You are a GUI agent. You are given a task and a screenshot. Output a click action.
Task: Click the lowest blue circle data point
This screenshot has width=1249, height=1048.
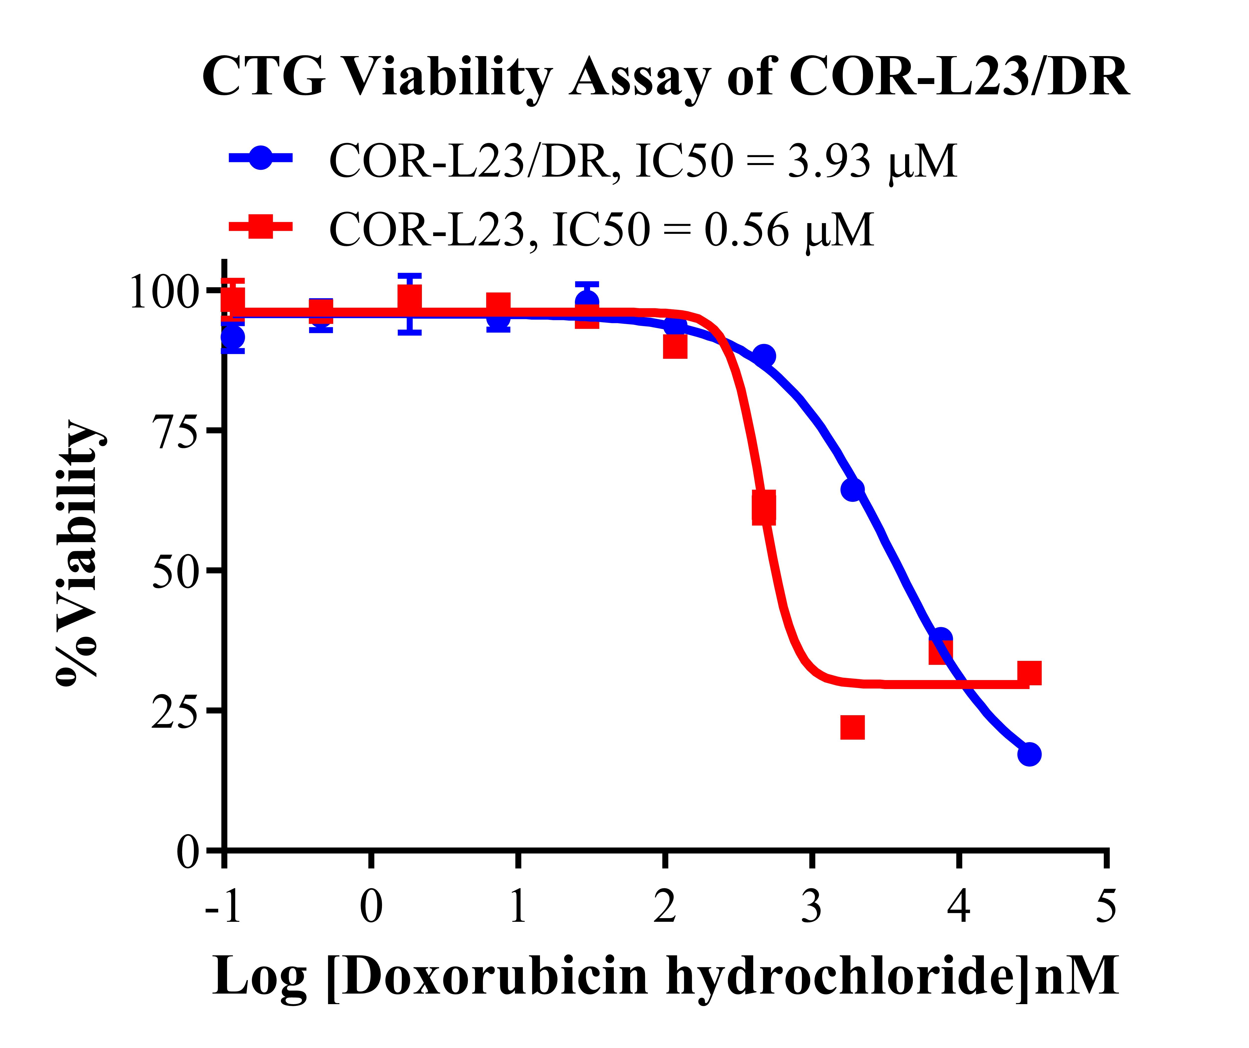pos(1029,755)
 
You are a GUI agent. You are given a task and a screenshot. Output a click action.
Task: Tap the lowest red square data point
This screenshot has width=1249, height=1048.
pos(852,727)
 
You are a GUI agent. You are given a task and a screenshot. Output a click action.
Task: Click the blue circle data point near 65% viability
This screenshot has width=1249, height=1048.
pos(852,489)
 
